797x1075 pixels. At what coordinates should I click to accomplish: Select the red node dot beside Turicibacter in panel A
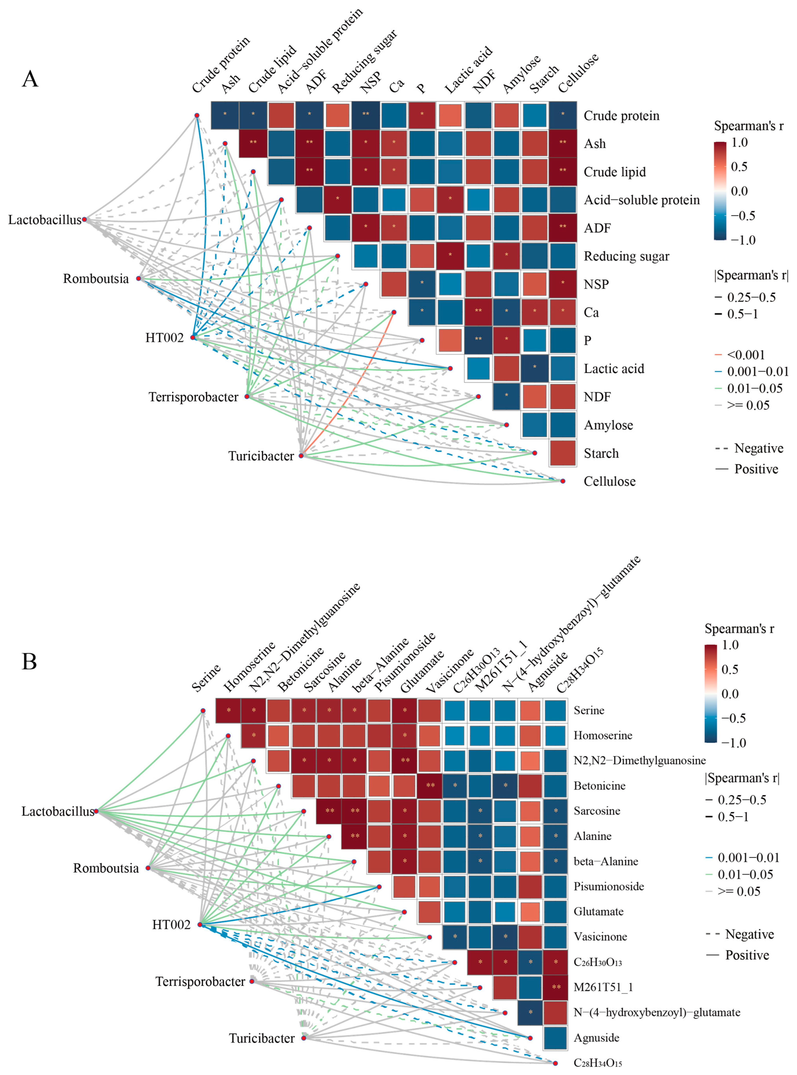coord(301,455)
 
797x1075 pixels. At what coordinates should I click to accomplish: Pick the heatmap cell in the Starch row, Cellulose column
coord(563,453)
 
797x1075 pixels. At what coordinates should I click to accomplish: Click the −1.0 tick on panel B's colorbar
coord(733,743)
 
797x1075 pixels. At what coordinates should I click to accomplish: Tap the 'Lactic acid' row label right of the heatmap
coord(614,369)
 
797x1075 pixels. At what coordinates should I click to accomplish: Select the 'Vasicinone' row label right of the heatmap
coord(600,937)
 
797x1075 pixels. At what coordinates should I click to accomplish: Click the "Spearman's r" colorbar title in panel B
coord(739,629)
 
